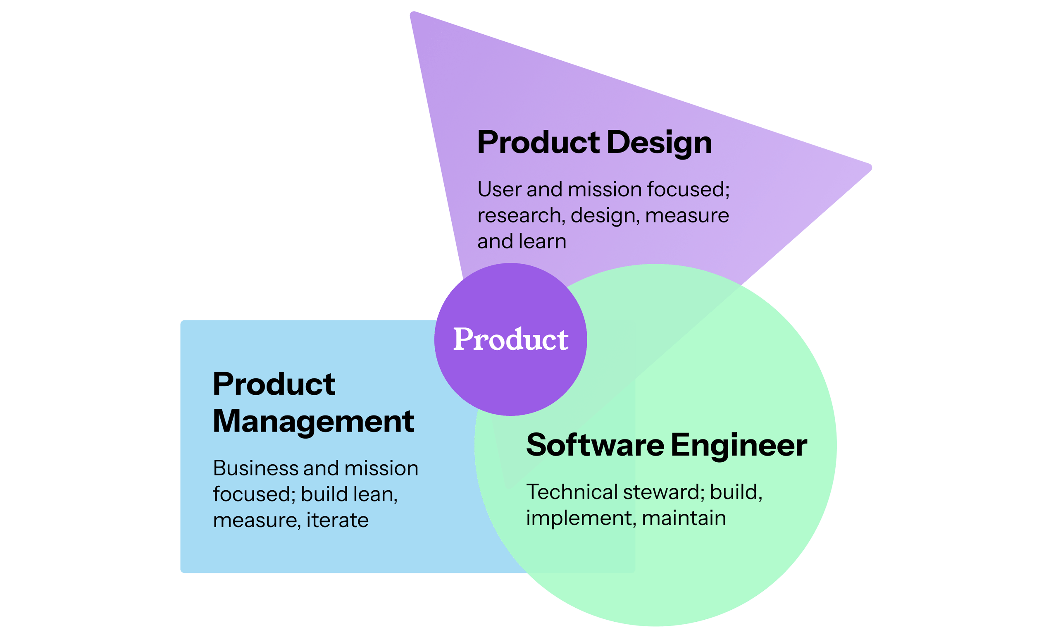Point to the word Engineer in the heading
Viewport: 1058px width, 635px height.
pyautogui.click(x=739, y=446)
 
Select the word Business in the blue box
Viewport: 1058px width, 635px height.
pyautogui.click(x=255, y=468)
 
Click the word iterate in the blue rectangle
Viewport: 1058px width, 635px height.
pyautogui.click(x=337, y=520)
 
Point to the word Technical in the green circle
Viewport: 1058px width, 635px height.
pyautogui.click(x=571, y=492)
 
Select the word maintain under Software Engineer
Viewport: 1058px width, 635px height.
pyautogui.click(x=684, y=518)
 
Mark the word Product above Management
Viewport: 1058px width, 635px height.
pyautogui.click(x=274, y=384)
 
